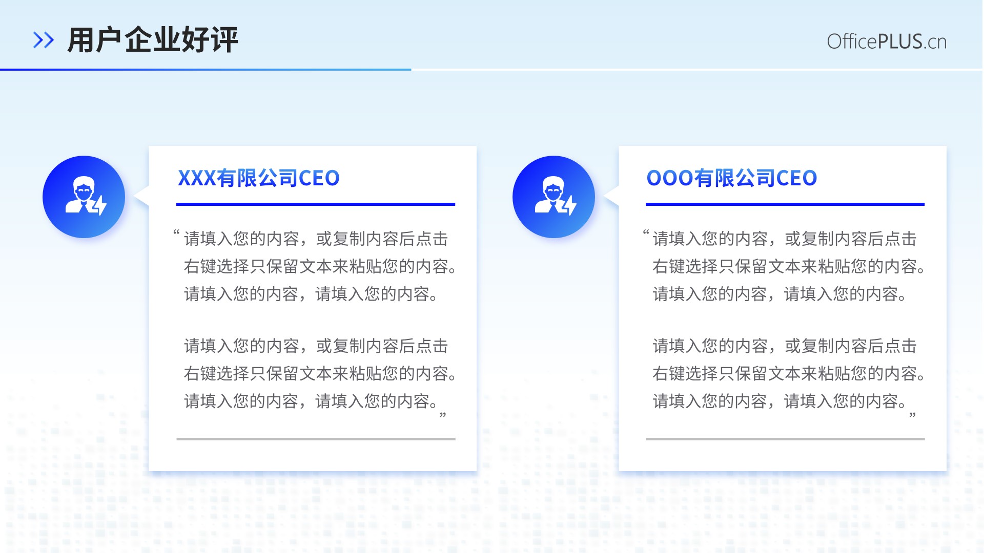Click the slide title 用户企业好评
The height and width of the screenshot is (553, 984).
coord(153,40)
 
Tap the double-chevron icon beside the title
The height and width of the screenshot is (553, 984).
coord(44,40)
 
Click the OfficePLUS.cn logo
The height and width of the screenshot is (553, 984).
coord(887,41)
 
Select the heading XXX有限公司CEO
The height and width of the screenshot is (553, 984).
coord(259,178)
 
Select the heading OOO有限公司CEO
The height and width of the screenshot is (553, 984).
coord(732,178)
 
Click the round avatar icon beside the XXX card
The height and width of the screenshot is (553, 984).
coord(84,197)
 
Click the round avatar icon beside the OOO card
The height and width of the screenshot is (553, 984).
coord(553,197)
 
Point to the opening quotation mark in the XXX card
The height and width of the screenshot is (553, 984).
coord(176,233)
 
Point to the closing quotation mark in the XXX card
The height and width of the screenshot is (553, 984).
coord(443,415)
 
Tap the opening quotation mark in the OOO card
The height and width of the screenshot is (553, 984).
coord(646,233)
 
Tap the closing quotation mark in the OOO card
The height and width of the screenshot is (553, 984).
coord(913,415)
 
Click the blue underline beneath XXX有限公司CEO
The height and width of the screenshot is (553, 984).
coord(316,204)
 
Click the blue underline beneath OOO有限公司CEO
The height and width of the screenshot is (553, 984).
coord(785,204)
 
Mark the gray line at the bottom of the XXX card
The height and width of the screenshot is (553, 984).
coord(316,439)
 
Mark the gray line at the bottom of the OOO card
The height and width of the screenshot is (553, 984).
coord(785,439)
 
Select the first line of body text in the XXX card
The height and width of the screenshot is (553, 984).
coord(316,239)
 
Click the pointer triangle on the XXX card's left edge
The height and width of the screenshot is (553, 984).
coord(142,196)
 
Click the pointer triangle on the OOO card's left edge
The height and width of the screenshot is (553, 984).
coord(612,196)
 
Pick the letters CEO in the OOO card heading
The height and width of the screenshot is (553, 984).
coord(797,178)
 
